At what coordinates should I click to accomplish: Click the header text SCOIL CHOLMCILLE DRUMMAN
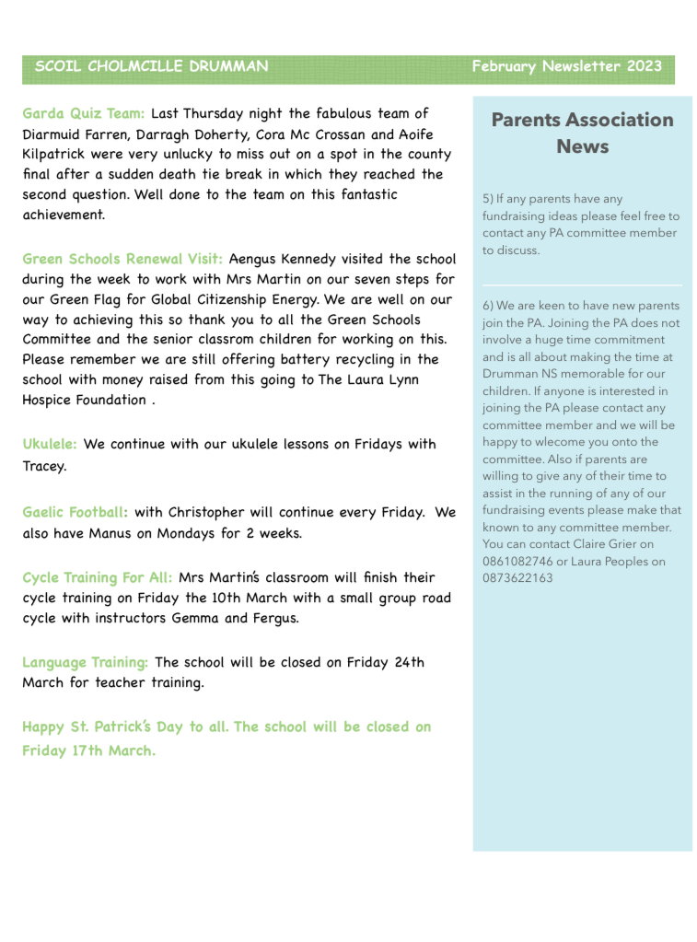tap(151, 66)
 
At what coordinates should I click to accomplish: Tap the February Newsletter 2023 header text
tap(566, 66)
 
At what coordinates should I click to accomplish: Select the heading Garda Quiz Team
tap(83, 114)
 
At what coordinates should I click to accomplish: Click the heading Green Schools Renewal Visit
tap(122, 259)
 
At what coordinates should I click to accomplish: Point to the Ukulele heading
tap(50, 444)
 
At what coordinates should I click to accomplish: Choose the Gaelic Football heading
tap(75, 512)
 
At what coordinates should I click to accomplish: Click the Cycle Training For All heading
tap(97, 578)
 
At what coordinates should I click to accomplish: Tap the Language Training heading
tap(85, 662)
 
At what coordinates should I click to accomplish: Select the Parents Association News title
tap(582, 133)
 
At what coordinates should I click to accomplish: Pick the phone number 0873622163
tap(517, 578)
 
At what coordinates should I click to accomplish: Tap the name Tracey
tap(44, 466)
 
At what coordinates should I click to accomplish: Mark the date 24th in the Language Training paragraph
tap(409, 662)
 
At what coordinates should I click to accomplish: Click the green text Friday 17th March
tap(89, 750)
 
